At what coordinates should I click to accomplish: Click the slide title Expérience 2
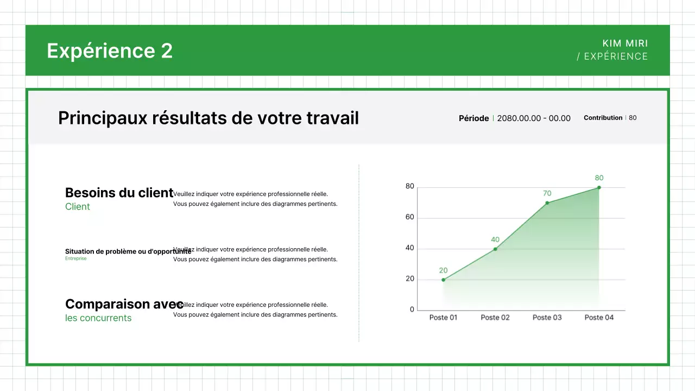(x=110, y=51)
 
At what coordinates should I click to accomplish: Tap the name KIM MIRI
(x=625, y=43)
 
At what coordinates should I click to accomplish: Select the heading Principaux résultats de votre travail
(x=208, y=118)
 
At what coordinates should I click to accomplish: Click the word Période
(x=473, y=118)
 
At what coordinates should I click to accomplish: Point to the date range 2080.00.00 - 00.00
(x=534, y=118)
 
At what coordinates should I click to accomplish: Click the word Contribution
(x=603, y=118)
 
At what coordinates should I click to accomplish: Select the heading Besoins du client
(x=119, y=193)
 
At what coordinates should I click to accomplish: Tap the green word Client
(x=78, y=207)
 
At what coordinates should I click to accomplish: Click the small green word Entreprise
(x=75, y=258)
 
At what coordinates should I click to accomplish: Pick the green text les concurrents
(x=98, y=318)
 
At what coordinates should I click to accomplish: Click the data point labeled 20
(x=444, y=280)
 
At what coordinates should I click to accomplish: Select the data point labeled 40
(x=495, y=249)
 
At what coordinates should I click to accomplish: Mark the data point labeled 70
(x=547, y=203)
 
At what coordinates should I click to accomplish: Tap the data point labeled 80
(x=599, y=187)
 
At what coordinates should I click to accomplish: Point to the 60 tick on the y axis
(x=410, y=217)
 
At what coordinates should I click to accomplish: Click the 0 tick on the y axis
(x=412, y=310)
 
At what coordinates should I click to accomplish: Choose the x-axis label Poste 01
(x=443, y=318)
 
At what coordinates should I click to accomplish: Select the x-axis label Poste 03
(x=547, y=318)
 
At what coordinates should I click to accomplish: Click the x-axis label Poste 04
(x=599, y=318)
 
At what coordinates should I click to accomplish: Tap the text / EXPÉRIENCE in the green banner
(x=612, y=56)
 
